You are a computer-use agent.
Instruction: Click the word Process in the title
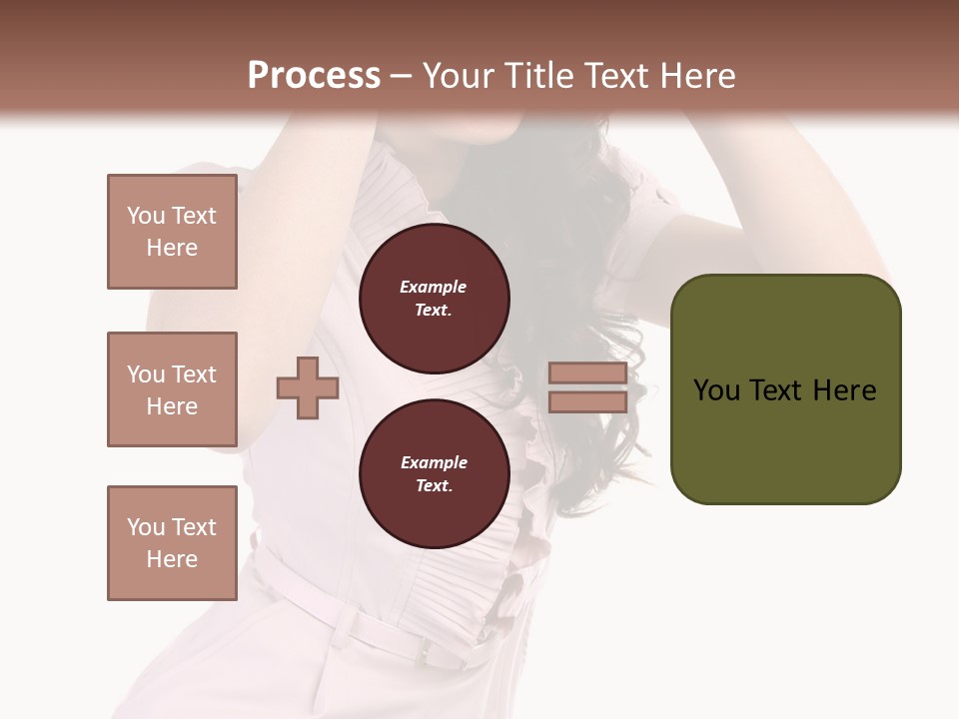pos(314,76)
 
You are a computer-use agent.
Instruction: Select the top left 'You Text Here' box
pos(172,232)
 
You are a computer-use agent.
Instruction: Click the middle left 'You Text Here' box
pos(172,389)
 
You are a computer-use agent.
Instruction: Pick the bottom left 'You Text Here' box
pos(172,543)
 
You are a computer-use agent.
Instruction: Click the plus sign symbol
pos(308,388)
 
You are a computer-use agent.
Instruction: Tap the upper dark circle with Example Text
pos(435,298)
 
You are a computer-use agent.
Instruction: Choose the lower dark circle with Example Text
pos(435,473)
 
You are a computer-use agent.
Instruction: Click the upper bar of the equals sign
pos(587,373)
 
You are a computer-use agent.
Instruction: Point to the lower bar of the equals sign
pos(587,401)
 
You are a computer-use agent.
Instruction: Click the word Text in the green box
pos(777,390)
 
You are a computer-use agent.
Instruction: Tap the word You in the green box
pos(716,390)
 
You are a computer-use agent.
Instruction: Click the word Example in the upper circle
pos(434,287)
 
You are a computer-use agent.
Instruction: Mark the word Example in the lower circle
pos(434,462)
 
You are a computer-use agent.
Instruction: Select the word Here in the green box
pos(844,390)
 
